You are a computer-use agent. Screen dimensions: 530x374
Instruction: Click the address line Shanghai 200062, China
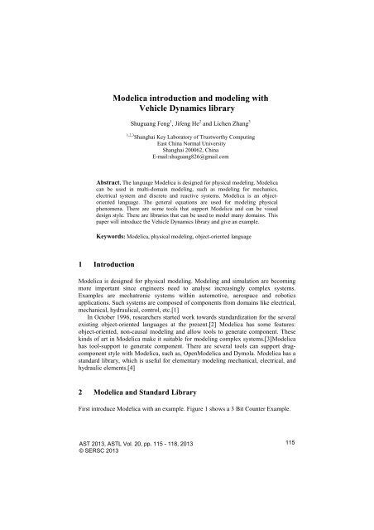point(186,148)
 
